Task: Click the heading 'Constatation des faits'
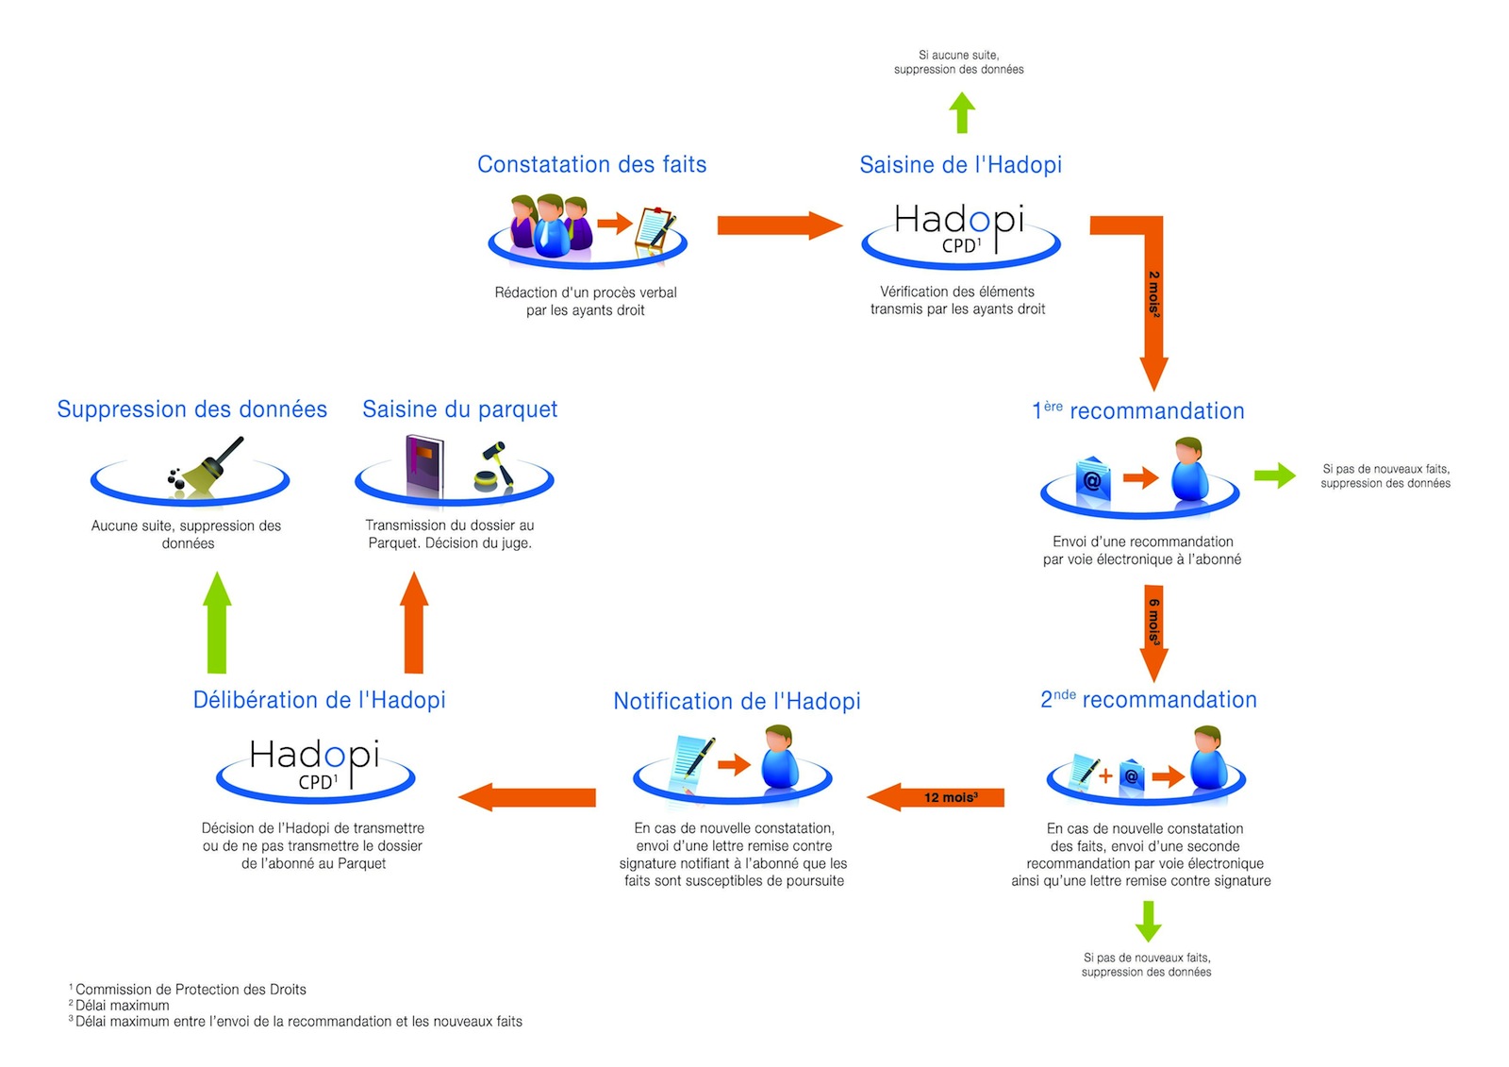(591, 164)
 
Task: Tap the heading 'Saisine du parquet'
(460, 409)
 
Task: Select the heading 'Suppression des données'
(192, 409)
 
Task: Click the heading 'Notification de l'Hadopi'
(737, 701)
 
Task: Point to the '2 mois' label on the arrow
(1154, 294)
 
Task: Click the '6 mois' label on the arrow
(1154, 622)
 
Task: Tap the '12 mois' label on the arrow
(951, 797)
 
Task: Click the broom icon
(207, 464)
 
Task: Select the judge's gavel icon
(494, 466)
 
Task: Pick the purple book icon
(424, 464)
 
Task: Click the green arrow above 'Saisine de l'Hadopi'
(962, 112)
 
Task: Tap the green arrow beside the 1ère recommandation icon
(1274, 475)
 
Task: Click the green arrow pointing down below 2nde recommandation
(1148, 922)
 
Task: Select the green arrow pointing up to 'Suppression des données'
(217, 622)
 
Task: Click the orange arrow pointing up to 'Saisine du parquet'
(414, 622)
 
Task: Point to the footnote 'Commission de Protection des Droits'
(191, 989)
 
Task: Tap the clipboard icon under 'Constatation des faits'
(655, 230)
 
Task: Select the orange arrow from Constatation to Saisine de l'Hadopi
(780, 225)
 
